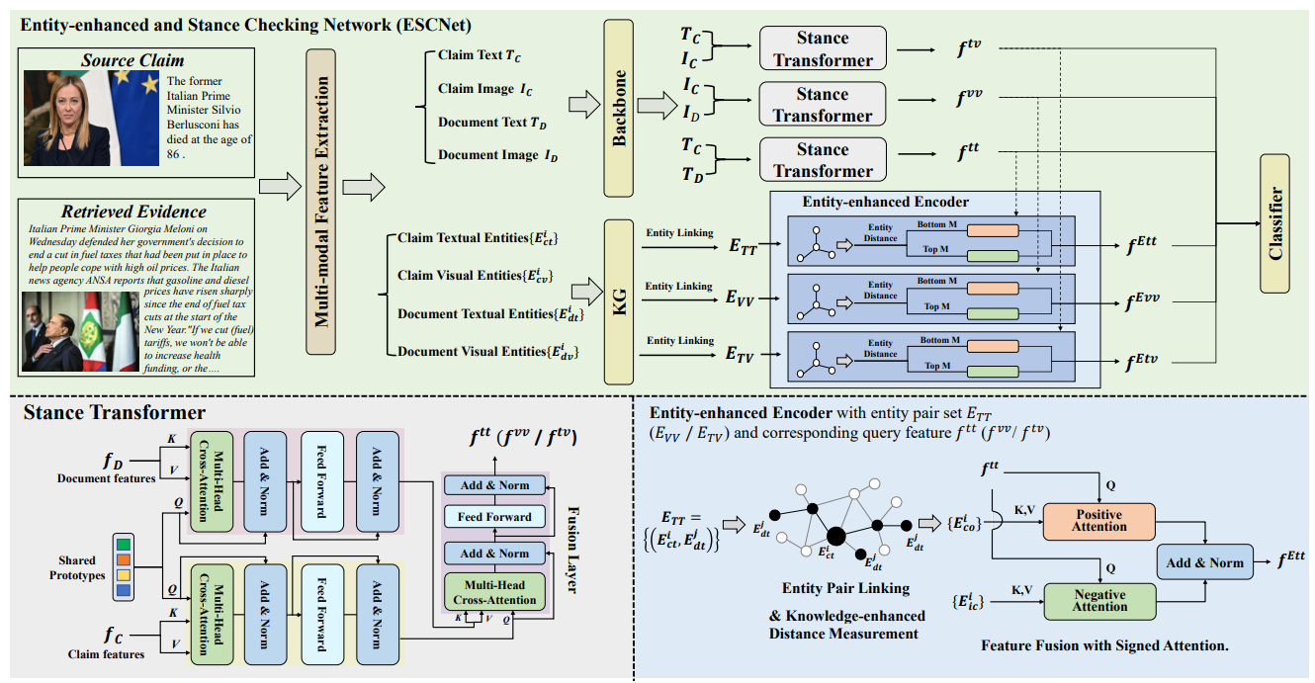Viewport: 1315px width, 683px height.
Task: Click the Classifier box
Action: [1274, 223]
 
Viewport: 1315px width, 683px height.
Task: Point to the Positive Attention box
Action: [1098, 521]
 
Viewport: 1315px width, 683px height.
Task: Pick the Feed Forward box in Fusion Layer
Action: [494, 517]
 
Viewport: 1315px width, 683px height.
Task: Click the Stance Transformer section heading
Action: [114, 412]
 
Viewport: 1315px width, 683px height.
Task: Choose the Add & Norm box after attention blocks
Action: [1204, 562]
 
